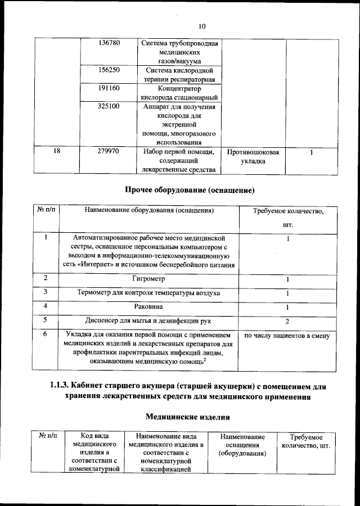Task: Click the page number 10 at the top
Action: [x=202, y=26]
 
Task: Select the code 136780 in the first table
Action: [x=109, y=43]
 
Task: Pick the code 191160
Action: [x=109, y=88]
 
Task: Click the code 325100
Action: [x=109, y=106]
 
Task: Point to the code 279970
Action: [x=109, y=151]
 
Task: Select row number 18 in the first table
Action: [x=57, y=151]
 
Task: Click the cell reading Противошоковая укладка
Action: [x=254, y=156]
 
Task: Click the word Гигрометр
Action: [x=148, y=279]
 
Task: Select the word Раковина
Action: [x=148, y=307]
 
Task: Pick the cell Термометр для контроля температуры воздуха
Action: [x=148, y=293]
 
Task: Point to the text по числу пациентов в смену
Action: [x=287, y=336]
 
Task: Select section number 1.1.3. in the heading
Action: [x=60, y=386]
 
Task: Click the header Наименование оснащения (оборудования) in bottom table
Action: [x=242, y=445]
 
